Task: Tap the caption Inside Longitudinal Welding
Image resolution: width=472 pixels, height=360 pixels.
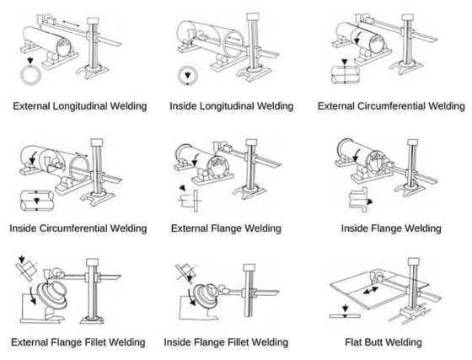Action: [x=232, y=106]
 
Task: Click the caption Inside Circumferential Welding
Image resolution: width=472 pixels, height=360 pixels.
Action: [x=78, y=228]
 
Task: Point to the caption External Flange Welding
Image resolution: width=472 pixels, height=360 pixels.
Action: [x=226, y=228]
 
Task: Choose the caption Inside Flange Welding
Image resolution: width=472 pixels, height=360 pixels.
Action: [x=391, y=228]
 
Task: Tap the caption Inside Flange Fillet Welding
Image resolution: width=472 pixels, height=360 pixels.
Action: [x=226, y=342]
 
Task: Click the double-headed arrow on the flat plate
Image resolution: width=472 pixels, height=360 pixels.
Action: [x=371, y=290]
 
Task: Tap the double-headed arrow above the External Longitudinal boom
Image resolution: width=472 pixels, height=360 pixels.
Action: [x=72, y=24]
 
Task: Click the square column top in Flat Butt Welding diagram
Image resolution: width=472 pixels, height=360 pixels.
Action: [x=414, y=261]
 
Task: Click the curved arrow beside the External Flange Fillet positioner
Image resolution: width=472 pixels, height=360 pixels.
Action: [x=32, y=295]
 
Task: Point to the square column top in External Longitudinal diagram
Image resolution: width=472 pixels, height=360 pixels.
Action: [x=93, y=21]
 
